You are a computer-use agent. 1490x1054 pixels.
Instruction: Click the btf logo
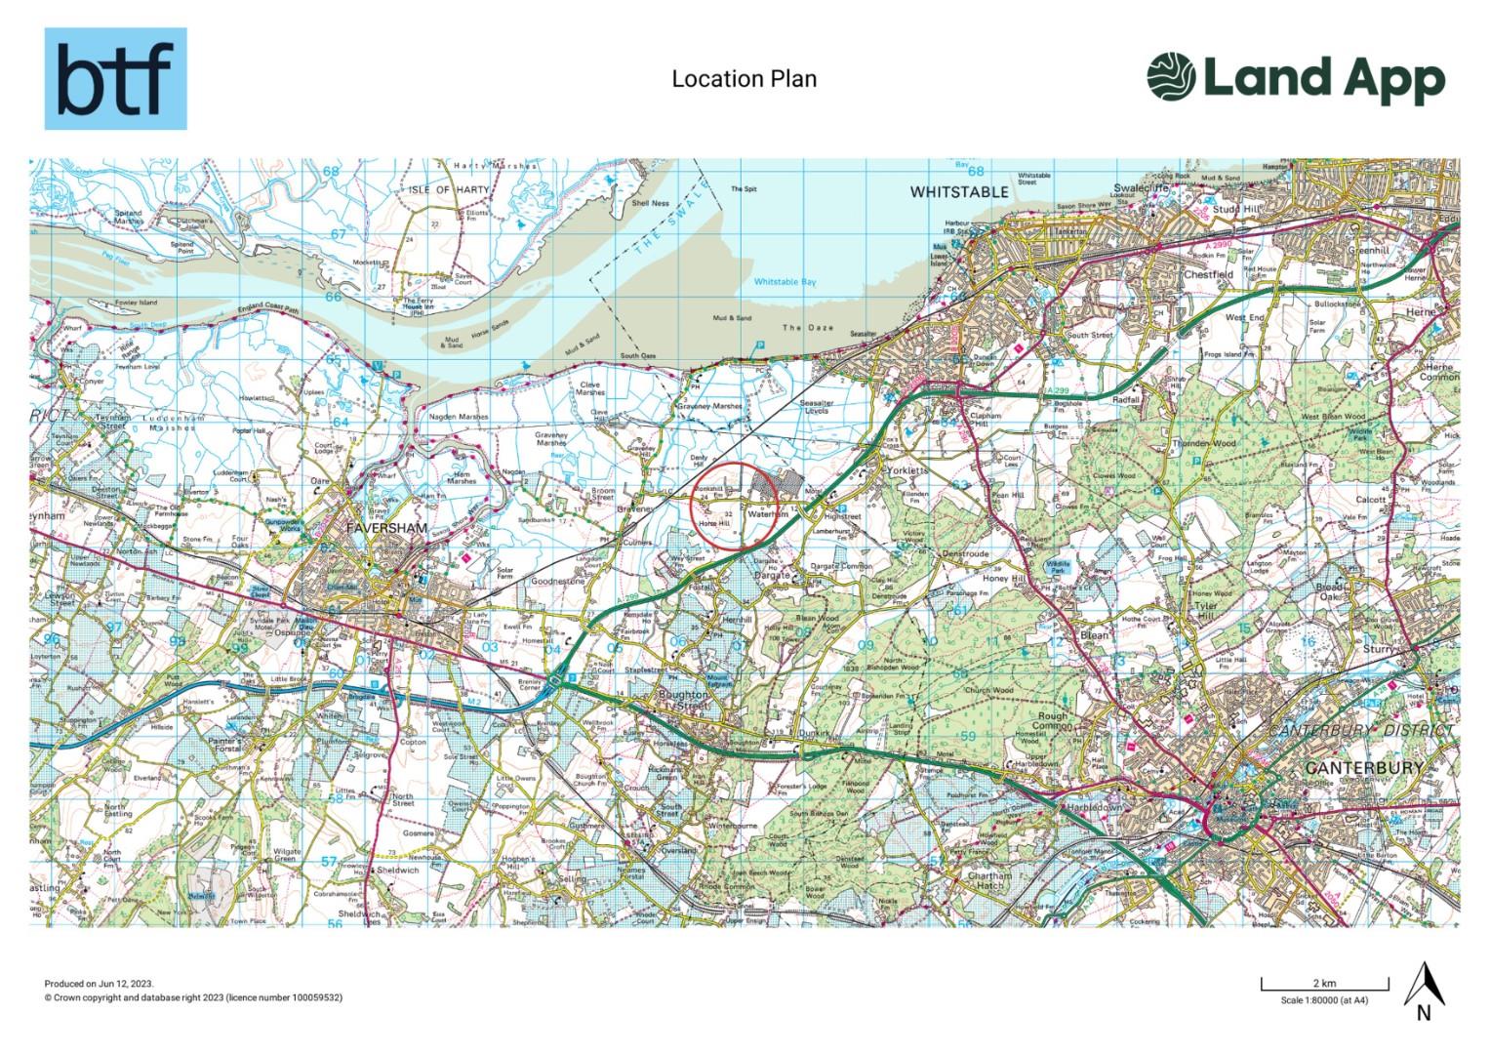click(x=115, y=79)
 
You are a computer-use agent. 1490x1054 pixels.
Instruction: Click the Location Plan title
click(x=744, y=79)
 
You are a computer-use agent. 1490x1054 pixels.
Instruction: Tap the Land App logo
click(x=1295, y=78)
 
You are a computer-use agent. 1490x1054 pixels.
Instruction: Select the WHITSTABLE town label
click(x=958, y=192)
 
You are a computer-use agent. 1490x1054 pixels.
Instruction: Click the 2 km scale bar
click(x=1323, y=983)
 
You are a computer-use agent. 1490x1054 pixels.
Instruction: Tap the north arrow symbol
click(x=1423, y=989)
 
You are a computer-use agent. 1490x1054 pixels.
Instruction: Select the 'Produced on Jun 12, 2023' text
click(x=99, y=985)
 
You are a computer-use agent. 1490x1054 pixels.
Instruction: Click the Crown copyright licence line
click(x=193, y=997)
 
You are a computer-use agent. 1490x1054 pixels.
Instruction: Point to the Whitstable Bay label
click(x=784, y=282)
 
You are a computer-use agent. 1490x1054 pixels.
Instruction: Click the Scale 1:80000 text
click(x=1324, y=999)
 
